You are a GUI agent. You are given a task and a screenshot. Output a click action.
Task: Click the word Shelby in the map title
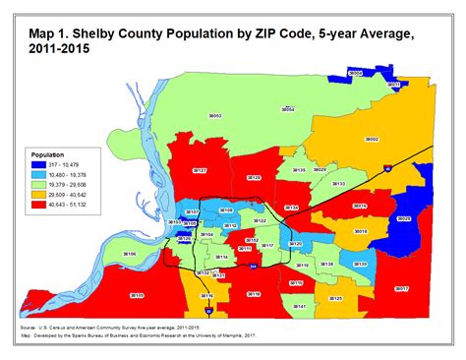99,13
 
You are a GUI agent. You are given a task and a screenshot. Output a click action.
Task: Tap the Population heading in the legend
48,155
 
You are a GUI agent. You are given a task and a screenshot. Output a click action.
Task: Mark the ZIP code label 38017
401,289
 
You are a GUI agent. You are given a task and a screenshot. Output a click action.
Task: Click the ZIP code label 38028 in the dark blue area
402,218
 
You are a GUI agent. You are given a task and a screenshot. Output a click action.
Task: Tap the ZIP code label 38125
335,297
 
